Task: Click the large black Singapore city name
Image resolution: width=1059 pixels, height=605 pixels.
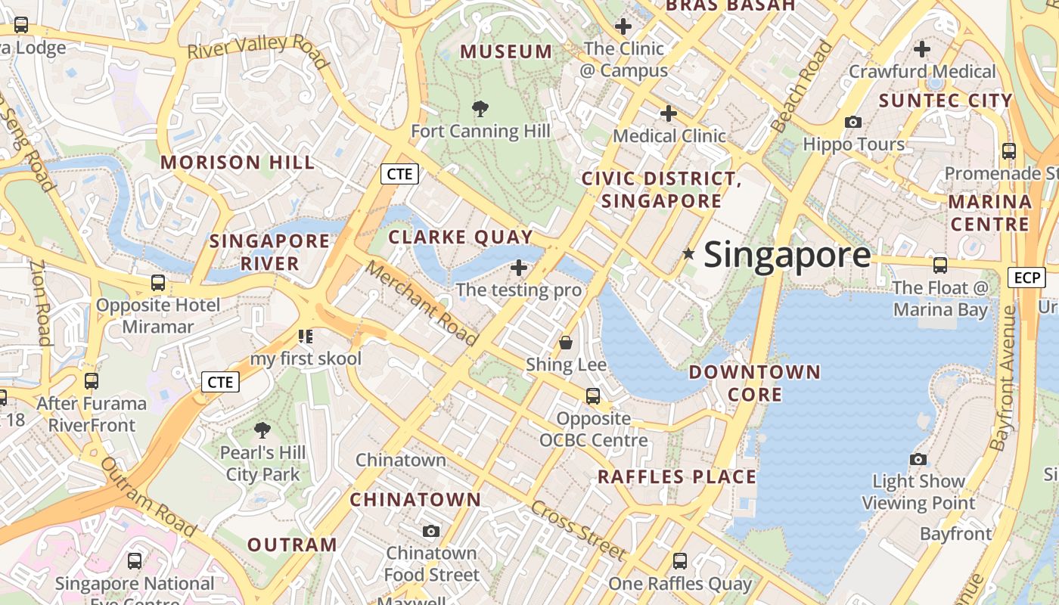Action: coord(787,255)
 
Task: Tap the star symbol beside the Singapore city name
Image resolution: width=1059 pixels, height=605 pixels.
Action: coord(688,254)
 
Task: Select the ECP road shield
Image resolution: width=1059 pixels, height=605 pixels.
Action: coord(1026,278)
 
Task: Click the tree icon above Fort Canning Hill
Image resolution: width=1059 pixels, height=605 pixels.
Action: coord(480,109)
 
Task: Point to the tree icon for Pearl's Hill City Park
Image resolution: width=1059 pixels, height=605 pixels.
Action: coord(262,430)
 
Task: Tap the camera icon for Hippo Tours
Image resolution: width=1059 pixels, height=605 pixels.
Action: coord(853,122)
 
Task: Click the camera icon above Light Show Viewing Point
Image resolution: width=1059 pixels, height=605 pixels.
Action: coord(918,459)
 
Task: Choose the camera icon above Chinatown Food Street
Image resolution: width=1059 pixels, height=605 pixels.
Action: coord(431,531)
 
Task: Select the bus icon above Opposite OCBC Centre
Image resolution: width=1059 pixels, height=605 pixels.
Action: coord(593,396)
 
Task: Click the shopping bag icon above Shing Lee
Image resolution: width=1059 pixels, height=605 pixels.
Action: coord(565,343)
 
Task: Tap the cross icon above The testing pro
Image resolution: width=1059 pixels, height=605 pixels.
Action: coord(519,267)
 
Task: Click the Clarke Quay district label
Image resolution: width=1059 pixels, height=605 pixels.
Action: coord(461,237)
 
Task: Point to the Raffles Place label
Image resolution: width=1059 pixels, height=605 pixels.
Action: coord(677,476)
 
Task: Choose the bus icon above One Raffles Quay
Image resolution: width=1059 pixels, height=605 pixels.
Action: coord(680,561)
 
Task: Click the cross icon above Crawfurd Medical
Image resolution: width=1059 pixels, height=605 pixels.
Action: coord(921,49)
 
